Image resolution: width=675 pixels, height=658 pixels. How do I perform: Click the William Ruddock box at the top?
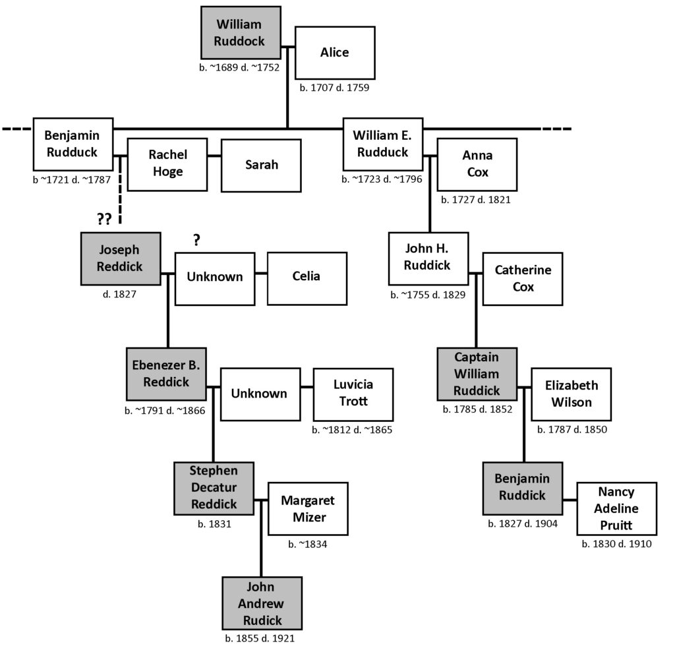(241, 33)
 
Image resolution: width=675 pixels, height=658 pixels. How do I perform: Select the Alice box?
(335, 53)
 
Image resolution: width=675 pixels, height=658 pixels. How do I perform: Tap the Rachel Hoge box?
(167, 165)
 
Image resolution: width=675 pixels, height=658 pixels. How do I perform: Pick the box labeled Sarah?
(261, 165)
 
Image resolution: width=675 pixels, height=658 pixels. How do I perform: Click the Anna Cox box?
(477, 165)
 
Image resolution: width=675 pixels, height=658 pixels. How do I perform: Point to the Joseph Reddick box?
(121, 259)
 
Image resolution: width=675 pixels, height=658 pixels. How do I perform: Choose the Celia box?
(307, 279)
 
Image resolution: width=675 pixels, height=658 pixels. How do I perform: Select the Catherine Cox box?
(523, 279)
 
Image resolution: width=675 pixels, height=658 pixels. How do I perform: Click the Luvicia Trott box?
(353, 394)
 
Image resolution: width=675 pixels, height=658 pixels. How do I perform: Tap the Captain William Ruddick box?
(477, 374)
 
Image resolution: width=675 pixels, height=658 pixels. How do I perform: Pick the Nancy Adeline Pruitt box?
(617, 508)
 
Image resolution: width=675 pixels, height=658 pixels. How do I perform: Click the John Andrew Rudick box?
(262, 603)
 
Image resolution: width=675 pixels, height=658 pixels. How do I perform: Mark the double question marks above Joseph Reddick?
(104, 219)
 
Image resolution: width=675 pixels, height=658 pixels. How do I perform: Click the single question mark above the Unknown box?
(196, 240)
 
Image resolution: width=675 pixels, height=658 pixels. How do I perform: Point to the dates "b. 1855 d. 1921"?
(260, 638)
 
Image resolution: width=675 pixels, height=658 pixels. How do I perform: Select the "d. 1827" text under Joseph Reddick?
(120, 294)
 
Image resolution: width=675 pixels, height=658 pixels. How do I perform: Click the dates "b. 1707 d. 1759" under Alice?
(334, 88)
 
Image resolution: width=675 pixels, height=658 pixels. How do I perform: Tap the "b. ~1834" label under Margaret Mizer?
(308, 545)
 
